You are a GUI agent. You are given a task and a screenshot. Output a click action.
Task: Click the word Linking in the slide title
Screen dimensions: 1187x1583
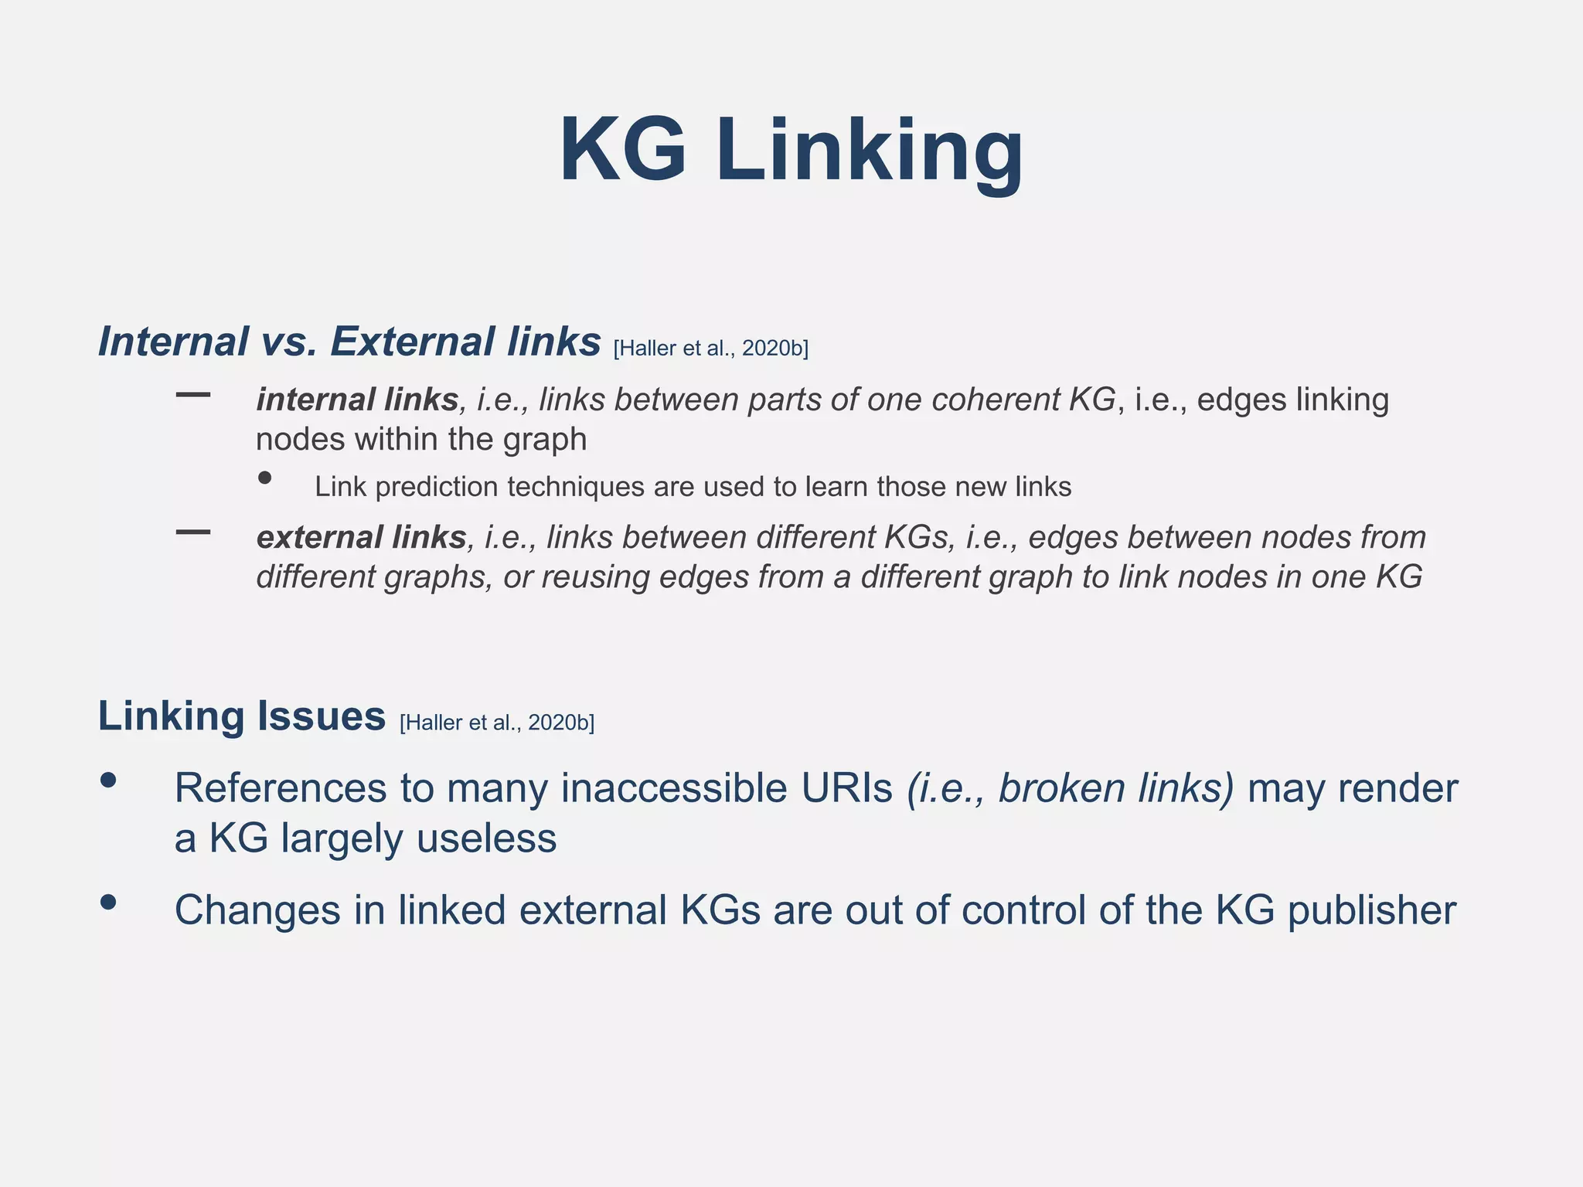870,151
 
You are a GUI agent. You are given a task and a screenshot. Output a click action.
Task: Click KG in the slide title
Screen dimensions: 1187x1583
623,151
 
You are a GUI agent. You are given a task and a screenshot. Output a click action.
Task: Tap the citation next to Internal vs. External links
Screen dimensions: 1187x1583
710,349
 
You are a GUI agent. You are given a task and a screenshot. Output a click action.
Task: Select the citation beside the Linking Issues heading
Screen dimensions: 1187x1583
497,723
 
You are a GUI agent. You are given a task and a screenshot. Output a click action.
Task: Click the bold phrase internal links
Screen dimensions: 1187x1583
357,400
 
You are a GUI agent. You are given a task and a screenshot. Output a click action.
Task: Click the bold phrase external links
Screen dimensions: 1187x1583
361,537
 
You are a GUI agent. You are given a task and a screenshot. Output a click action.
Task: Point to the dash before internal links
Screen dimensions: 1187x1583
193,395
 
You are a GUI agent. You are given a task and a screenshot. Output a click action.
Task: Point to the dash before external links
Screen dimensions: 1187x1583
193,532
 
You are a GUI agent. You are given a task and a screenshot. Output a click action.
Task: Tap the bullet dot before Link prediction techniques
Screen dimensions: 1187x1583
265,478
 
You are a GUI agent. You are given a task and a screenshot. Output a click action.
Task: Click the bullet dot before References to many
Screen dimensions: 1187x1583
108,781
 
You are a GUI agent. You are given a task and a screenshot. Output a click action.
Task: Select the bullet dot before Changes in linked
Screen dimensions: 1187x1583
108,902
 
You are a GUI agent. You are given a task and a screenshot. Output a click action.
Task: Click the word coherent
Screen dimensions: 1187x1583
996,400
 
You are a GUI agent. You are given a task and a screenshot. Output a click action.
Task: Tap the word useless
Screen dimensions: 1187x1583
486,838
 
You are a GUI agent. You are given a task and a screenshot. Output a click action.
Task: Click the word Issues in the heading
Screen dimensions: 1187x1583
321,716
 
